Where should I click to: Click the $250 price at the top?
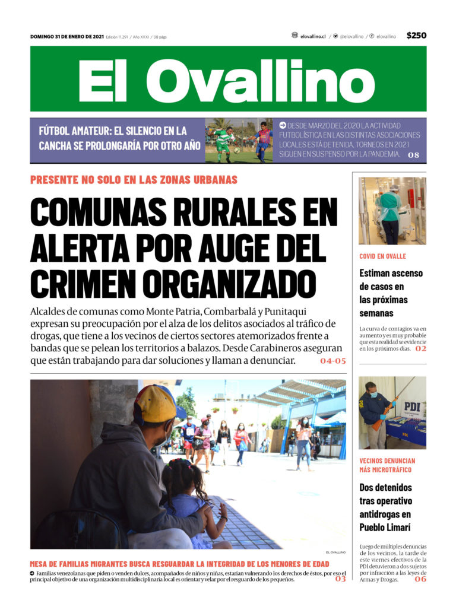point(416,36)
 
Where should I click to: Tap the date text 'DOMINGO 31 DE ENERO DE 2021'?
point(67,37)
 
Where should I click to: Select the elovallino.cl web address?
point(313,36)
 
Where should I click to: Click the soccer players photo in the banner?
point(239,141)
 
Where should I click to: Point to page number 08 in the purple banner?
point(414,155)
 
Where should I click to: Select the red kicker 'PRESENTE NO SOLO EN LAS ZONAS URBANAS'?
point(134,180)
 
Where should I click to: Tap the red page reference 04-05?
point(332,361)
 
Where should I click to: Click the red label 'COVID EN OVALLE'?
point(382,256)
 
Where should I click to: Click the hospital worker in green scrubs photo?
point(392,211)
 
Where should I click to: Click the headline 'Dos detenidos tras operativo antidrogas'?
point(386,507)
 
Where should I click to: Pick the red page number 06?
point(420,579)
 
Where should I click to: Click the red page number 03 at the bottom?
point(340,579)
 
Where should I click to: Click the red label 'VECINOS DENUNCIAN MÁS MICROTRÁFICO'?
point(387,465)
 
